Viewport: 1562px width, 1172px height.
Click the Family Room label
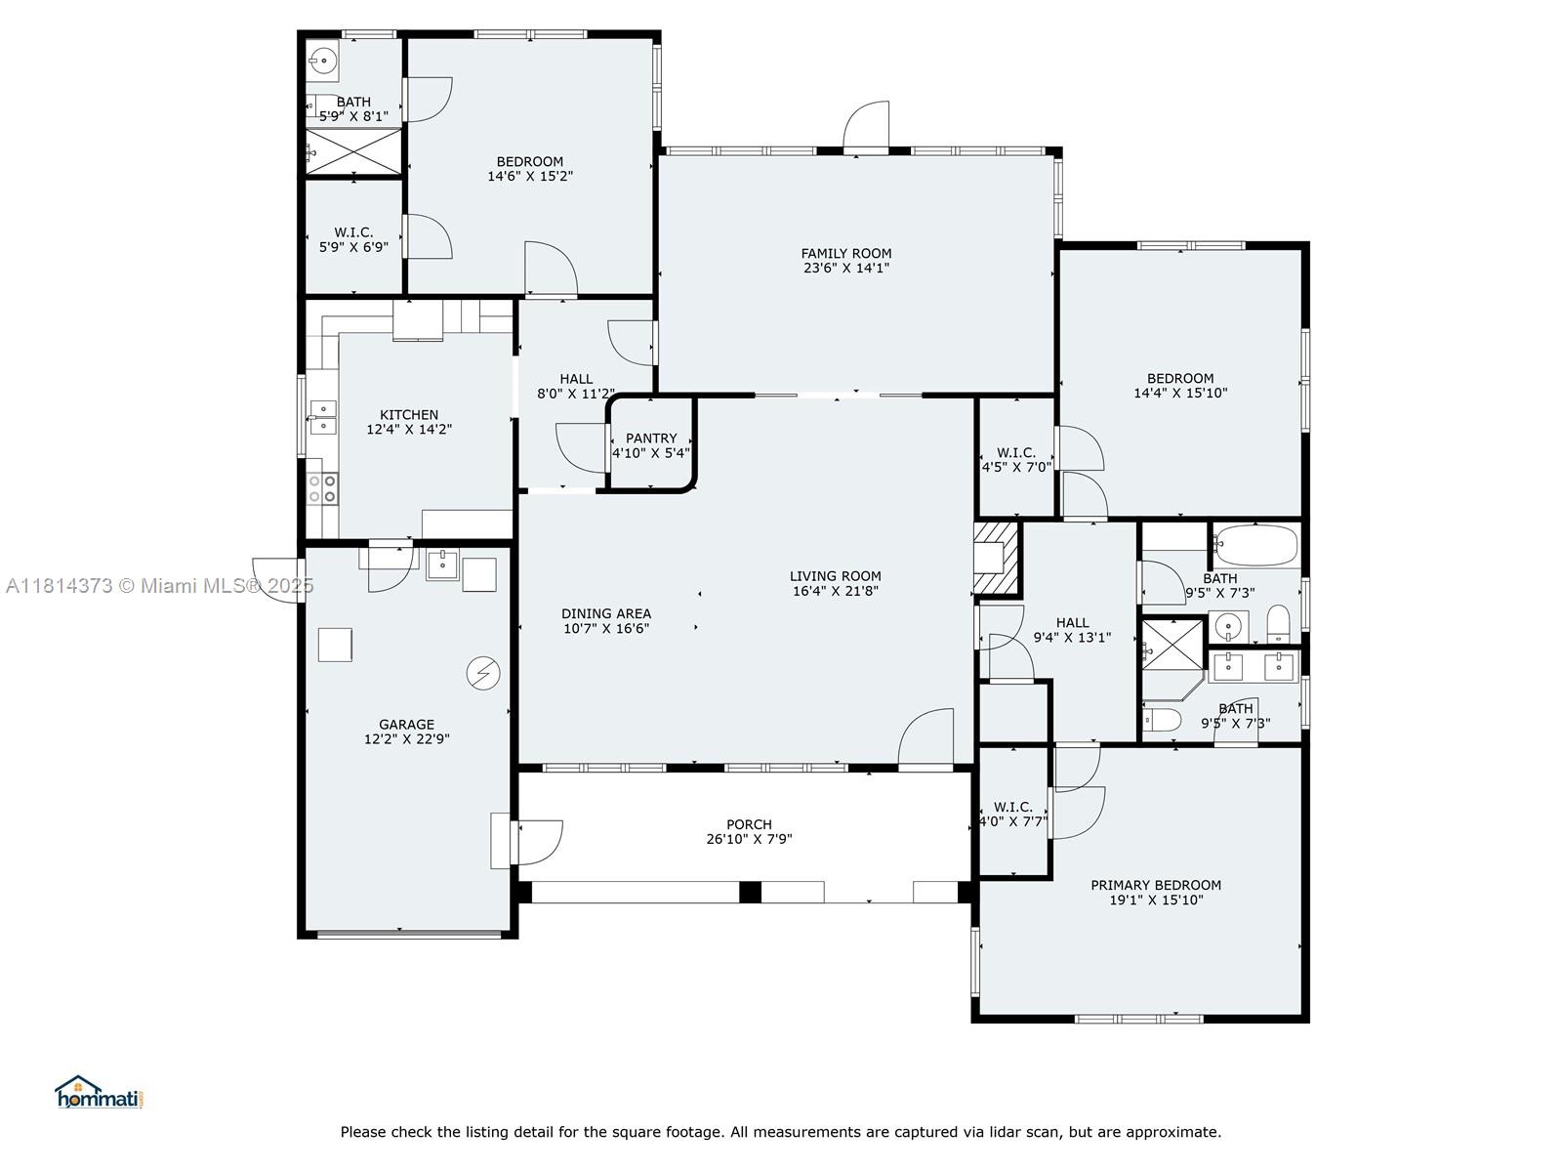(845, 254)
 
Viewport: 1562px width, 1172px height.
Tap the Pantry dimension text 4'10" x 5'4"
(650, 453)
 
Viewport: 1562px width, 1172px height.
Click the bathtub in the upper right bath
(1256, 544)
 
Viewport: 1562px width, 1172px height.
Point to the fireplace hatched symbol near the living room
(996, 558)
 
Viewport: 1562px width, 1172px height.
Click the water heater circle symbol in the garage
(483, 673)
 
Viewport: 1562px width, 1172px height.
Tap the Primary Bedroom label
(1155, 885)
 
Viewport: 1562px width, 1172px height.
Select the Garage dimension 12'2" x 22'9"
(406, 739)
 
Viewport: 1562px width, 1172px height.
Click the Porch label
(749, 824)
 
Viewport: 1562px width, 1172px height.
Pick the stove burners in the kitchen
(321, 487)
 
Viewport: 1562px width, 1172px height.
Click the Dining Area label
(605, 613)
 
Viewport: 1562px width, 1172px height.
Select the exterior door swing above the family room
(867, 125)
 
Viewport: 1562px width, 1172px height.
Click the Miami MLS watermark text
(159, 586)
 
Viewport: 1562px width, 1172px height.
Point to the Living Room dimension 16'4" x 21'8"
(835, 591)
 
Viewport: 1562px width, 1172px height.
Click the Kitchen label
(408, 415)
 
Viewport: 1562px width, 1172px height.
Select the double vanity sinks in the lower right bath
(1252, 668)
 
